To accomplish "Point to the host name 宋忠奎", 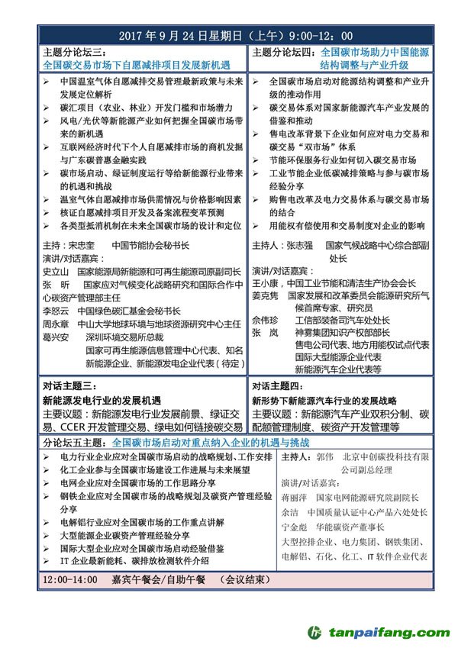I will [82, 246].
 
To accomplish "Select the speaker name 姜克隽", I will [265, 295].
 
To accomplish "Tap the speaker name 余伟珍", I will [265, 321].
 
